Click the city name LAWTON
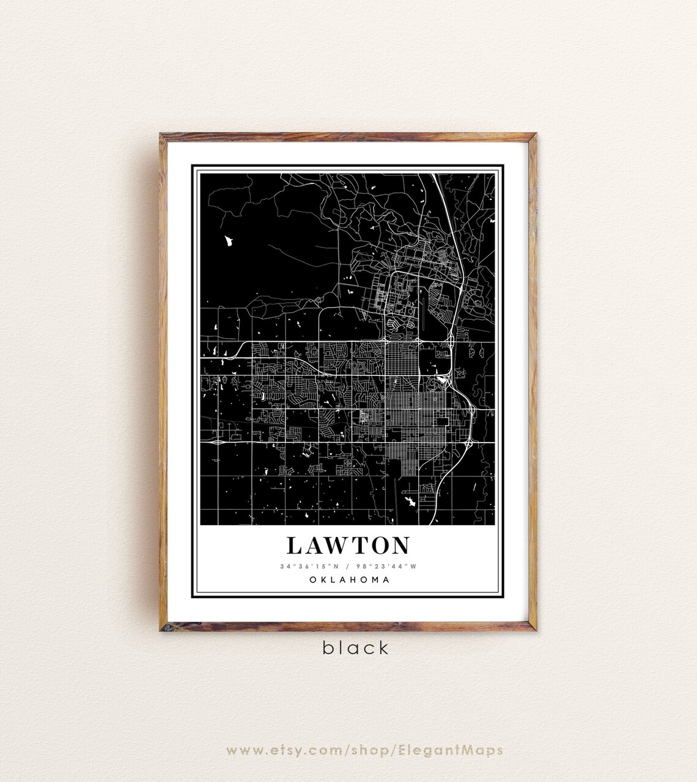[348, 546]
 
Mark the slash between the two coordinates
[348, 566]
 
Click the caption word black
[356, 648]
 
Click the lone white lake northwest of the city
[229, 241]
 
